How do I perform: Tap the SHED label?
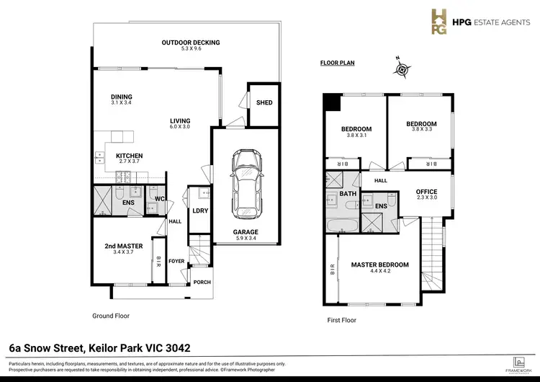pyautogui.click(x=264, y=103)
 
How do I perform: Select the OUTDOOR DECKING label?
pyautogui.click(x=190, y=43)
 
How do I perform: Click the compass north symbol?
pyautogui.click(x=401, y=69)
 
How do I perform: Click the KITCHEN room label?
pyautogui.click(x=129, y=156)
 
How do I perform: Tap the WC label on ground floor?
pyautogui.click(x=161, y=200)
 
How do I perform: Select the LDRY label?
pyautogui.click(x=197, y=210)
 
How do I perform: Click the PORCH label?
pyautogui.click(x=202, y=282)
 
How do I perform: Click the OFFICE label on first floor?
pyautogui.click(x=427, y=191)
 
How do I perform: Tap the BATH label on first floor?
pyautogui.click(x=348, y=195)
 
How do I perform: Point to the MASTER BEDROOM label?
pyautogui.click(x=379, y=265)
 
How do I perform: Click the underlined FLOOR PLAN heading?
pyautogui.click(x=337, y=63)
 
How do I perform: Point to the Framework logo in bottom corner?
pyautogui.click(x=516, y=363)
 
